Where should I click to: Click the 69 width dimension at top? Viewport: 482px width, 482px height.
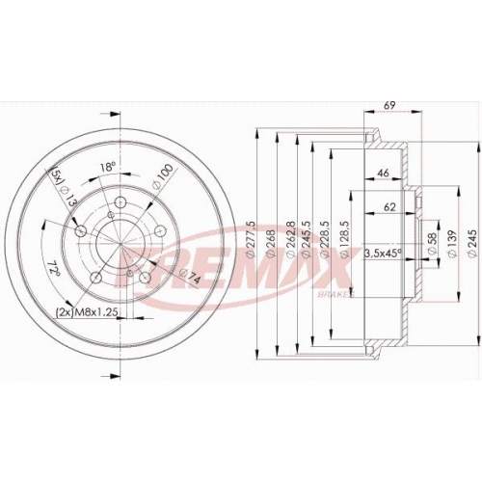tap(389, 105)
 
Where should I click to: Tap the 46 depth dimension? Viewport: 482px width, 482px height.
tap(383, 173)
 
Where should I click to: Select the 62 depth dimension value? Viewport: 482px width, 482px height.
tap(389, 207)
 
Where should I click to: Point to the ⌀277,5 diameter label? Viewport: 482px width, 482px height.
tap(251, 239)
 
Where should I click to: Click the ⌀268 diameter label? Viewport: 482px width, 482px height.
tap(270, 243)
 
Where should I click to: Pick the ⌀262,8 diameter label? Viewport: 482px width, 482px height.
tap(291, 239)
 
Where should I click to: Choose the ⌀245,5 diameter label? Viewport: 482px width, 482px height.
tap(306, 239)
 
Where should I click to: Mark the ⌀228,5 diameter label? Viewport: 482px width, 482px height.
tap(325, 239)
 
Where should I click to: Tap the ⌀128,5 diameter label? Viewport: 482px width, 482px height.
tap(344, 239)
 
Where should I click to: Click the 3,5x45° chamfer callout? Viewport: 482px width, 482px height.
tap(383, 253)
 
